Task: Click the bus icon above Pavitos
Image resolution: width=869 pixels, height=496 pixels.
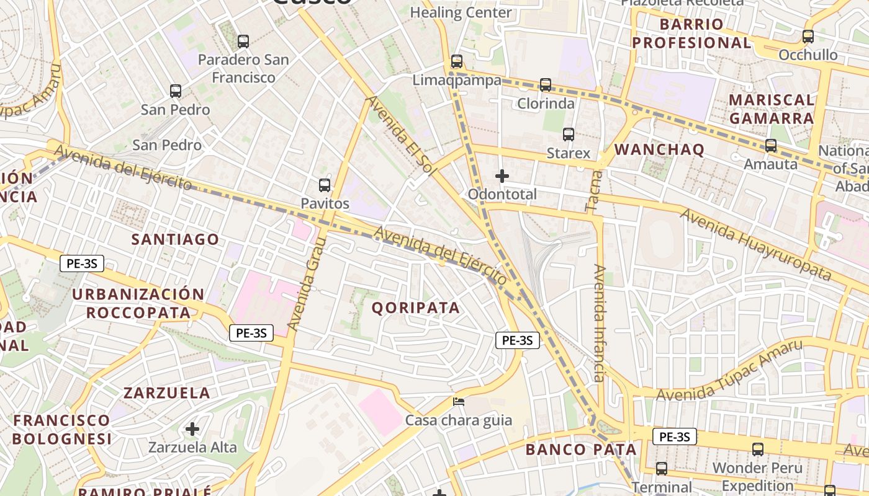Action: [324, 185]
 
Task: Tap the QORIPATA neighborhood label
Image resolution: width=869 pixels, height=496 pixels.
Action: [416, 308]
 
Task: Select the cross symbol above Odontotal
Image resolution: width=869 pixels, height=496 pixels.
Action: [502, 176]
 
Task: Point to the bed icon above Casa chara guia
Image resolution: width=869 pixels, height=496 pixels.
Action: [459, 402]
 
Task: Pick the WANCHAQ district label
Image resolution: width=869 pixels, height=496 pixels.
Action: [659, 149]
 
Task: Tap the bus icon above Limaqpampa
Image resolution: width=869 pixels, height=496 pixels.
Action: [457, 61]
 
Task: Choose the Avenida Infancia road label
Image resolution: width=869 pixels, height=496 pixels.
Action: [599, 322]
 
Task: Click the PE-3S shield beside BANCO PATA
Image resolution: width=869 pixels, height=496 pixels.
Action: [674, 436]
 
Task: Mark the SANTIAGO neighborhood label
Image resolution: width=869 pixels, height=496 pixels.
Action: [175, 239]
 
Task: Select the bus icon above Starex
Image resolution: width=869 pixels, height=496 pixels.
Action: [568, 134]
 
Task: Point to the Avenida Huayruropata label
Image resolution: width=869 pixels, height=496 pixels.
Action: [755, 244]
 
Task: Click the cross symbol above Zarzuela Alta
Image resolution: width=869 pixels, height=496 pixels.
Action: [192, 428]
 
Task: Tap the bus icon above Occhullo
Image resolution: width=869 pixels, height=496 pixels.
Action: [808, 37]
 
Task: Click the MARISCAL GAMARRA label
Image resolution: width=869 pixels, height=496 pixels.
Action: [771, 109]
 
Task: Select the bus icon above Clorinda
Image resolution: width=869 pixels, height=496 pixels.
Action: [545, 85]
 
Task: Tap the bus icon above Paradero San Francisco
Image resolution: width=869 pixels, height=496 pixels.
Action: [243, 42]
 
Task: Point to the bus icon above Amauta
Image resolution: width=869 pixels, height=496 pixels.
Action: [770, 146]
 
